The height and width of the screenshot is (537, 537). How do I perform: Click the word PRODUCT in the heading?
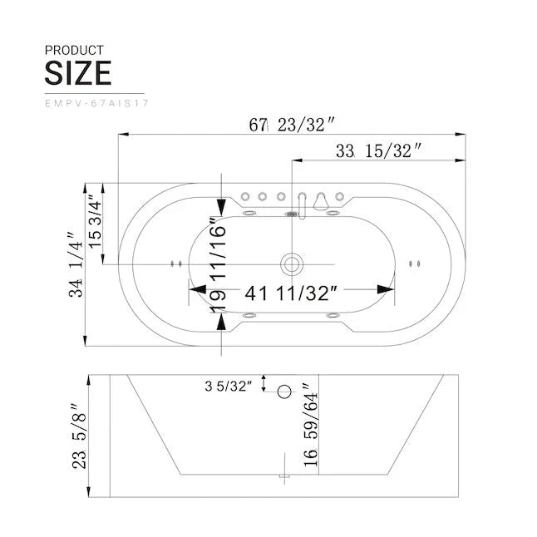pos(74,50)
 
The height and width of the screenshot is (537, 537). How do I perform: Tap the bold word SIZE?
pos(77,73)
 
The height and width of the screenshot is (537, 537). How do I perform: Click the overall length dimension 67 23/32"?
pos(292,126)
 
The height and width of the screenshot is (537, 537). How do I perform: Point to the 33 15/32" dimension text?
pos(378,150)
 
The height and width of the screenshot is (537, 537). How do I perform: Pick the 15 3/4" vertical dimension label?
pos(96,224)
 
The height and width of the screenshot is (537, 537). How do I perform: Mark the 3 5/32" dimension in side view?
pos(226,386)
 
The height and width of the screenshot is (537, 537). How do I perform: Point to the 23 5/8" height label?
pos(79,437)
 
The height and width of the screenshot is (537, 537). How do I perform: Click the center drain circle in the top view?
pos(291,264)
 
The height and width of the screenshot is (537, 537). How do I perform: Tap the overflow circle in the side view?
pos(285,391)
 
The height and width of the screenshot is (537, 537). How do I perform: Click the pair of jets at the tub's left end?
pos(175,264)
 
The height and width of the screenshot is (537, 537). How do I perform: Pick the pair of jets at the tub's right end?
pos(413,264)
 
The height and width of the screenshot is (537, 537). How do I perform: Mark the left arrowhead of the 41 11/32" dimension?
pos(197,289)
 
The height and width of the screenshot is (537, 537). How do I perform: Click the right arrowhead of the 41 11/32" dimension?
pos(386,289)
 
